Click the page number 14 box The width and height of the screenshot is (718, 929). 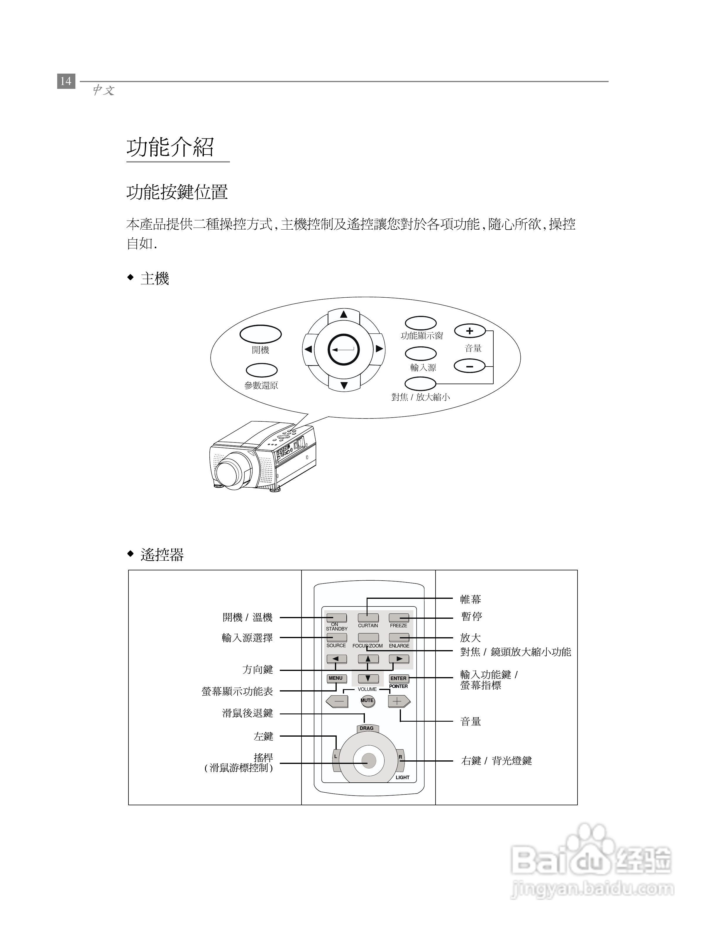[x=66, y=81]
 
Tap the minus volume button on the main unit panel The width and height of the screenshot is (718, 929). [x=470, y=365]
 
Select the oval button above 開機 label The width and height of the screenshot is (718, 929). [x=260, y=334]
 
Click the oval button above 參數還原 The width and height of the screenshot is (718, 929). [x=262, y=370]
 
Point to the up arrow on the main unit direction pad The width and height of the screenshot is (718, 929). [x=344, y=314]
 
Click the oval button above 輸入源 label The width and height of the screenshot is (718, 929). [x=421, y=353]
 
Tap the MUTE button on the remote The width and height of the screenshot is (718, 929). [x=368, y=700]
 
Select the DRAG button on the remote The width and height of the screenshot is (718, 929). [x=367, y=728]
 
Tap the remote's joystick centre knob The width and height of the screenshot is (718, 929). [x=368, y=761]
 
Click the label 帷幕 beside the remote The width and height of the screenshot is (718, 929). [x=470, y=599]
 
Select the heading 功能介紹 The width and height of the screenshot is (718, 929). [x=170, y=147]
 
